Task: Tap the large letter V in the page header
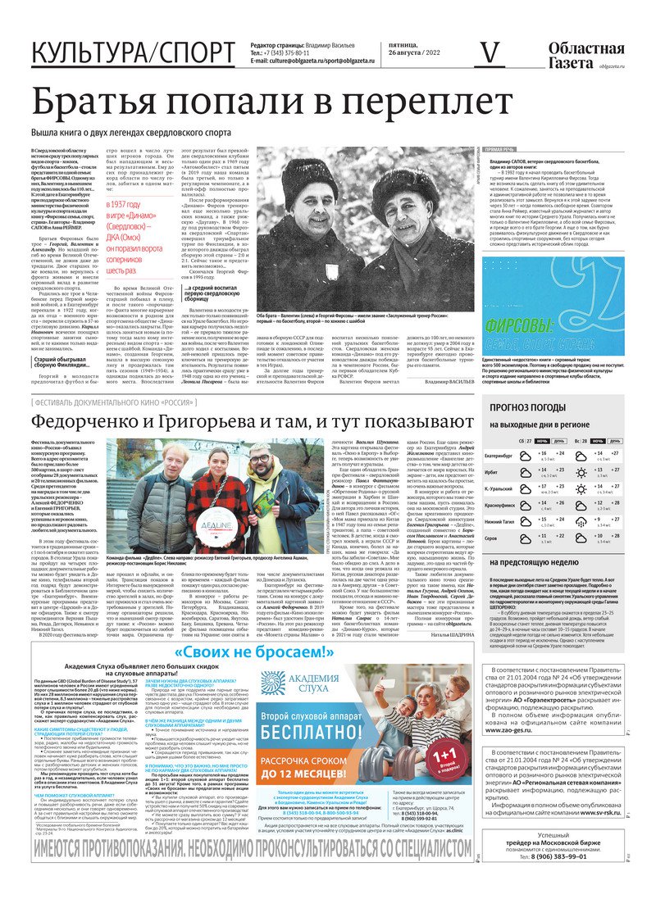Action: pos(490,53)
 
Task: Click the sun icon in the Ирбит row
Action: pos(581,473)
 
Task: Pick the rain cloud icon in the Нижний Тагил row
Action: pos(581,521)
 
